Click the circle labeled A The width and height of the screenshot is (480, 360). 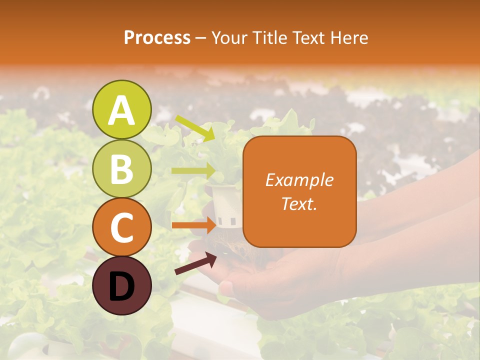pos(122,109)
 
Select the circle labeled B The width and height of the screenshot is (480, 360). pos(122,168)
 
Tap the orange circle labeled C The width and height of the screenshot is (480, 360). pos(122,227)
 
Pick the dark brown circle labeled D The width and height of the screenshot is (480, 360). pos(122,285)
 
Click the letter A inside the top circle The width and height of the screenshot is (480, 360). pos(122,110)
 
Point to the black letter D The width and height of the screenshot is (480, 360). pos(122,286)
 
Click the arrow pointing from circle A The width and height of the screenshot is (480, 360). pos(195,128)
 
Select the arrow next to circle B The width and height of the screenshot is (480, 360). pos(193,170)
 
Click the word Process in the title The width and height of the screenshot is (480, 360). pos(157,38)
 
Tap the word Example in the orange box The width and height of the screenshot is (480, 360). pos(299,180)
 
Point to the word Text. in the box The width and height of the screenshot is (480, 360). pos(299,203)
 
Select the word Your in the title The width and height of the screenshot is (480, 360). pos(230,38)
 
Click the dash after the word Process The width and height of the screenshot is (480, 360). pos(201,38)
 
